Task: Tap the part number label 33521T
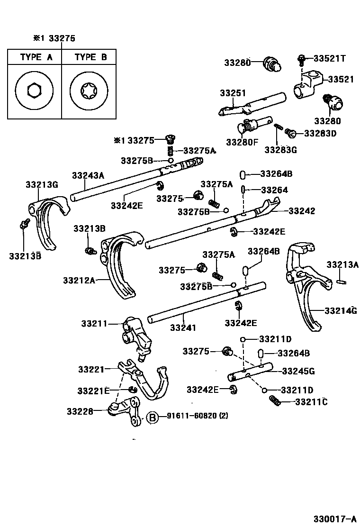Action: pos(329,58)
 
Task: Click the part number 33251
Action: pos(232,93)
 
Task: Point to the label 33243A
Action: pos(88,175)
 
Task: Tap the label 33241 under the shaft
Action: pos(183,327)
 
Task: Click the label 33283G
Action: pos(280,150)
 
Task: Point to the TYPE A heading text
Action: pos(36,57)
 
